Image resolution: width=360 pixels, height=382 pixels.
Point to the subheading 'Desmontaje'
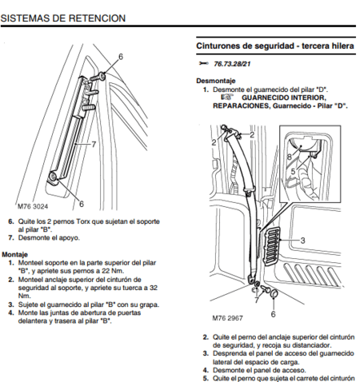pos(215,81)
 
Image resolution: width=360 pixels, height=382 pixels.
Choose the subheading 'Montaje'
pos(15,255)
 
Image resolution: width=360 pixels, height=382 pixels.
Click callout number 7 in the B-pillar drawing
pos(94,145)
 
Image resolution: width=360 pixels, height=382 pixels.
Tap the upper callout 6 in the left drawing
pos(121,56)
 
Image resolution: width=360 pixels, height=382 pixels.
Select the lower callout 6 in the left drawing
pos(81,205)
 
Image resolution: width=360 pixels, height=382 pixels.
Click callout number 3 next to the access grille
pos(303,240)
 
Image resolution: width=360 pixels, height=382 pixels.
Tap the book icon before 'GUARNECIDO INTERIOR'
pos(227,97)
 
